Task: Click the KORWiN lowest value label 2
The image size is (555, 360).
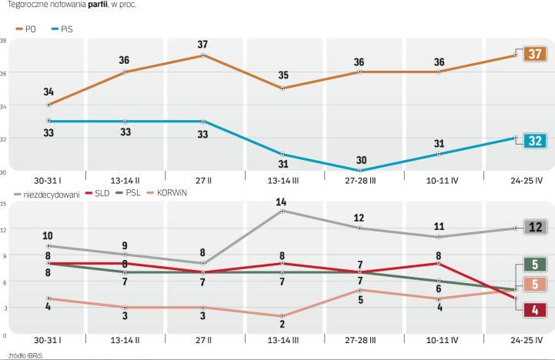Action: (281, 325)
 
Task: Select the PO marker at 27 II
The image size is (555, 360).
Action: (203, 55)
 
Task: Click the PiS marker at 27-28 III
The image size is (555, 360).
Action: (358, 171)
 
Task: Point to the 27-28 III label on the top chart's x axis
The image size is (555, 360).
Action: (358, 182)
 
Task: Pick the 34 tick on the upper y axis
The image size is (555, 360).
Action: (4, 105)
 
